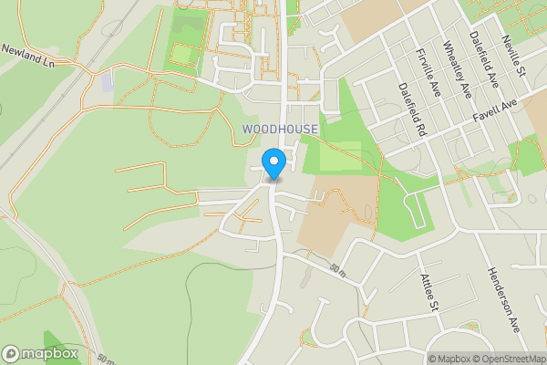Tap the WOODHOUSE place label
click(x=280, y=130)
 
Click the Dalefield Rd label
click(x=412, y=108)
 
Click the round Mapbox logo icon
click(x=12, y=353)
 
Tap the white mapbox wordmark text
click(x=51, y=353)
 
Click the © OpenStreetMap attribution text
click(x=511, y=359)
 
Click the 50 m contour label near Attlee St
click(x=338, y=269)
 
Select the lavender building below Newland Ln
click(x=108, y=82)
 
